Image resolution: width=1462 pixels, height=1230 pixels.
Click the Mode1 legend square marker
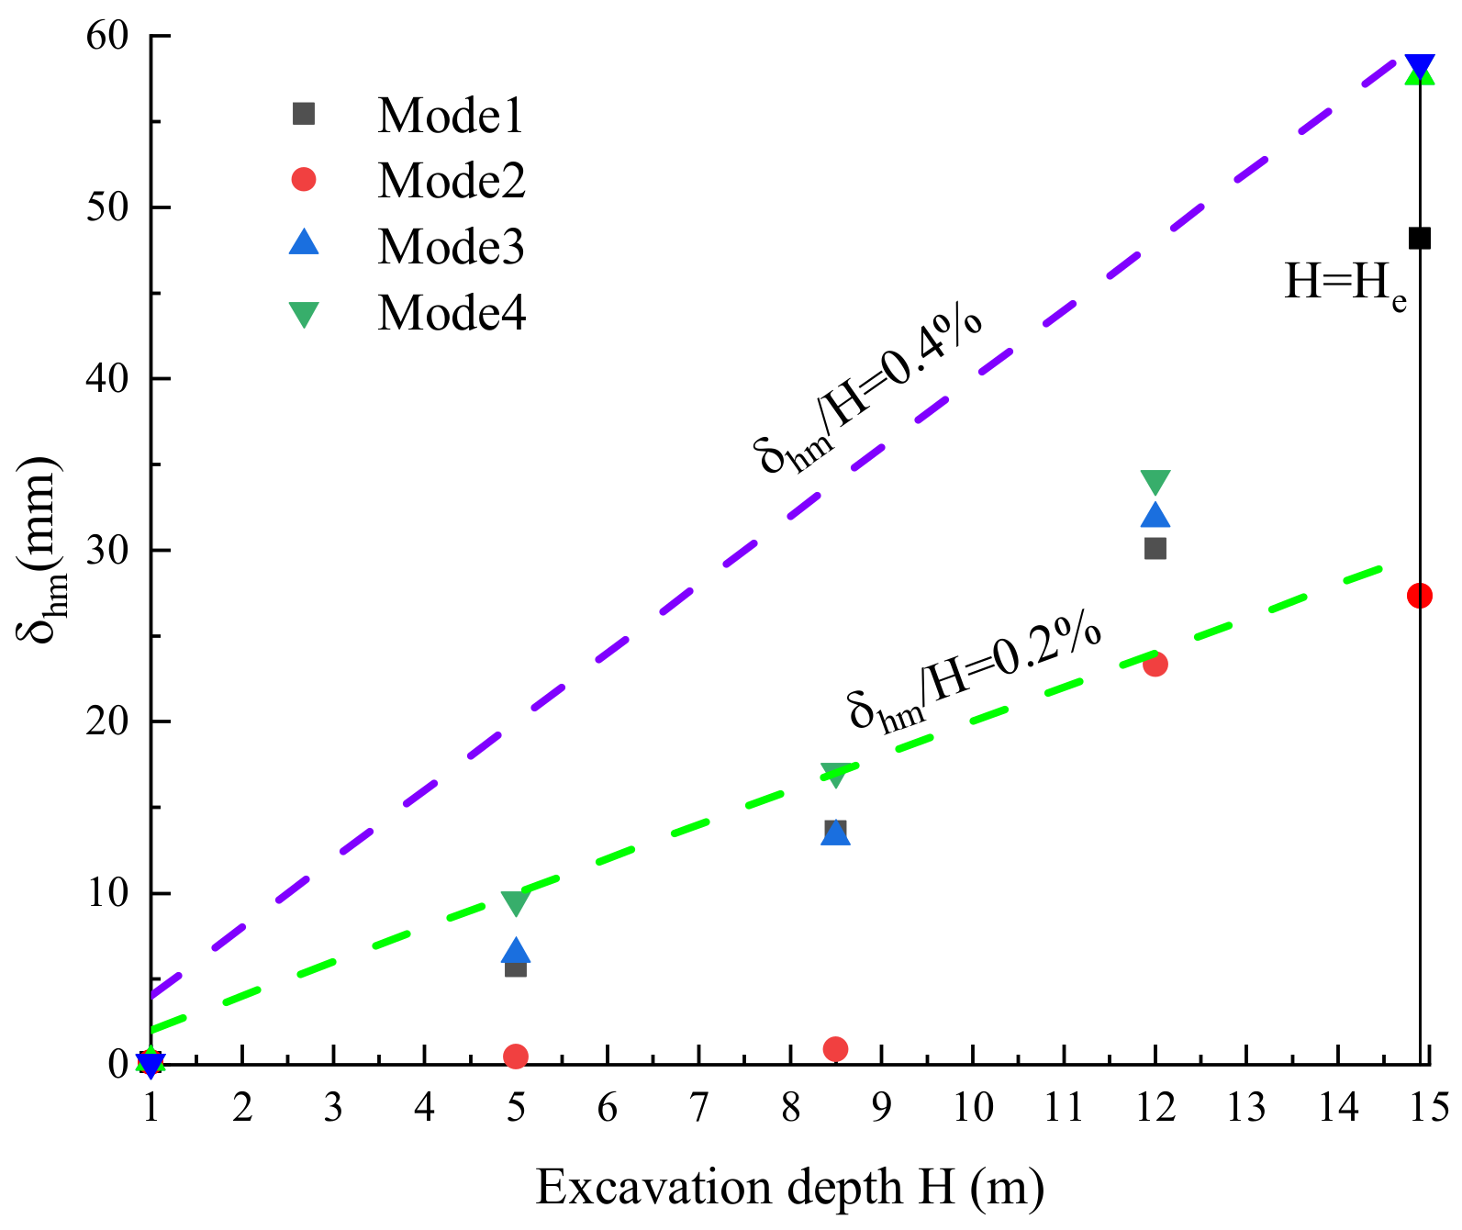click(x=303, y=114)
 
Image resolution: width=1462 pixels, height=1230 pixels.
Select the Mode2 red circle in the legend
click(x=303, y=180)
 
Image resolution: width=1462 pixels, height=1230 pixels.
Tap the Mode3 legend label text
click(x=451, y=246)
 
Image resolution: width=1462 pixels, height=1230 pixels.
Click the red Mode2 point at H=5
click(x=516, y=1057)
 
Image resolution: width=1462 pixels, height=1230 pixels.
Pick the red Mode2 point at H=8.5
click(x=835, y=1049)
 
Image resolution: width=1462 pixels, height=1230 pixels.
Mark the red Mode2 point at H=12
click(x=1155, y=664)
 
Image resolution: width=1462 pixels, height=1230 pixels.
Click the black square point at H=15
click(x=1419, y=239)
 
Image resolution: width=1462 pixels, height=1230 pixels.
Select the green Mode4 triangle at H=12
click(x=1155, y=482)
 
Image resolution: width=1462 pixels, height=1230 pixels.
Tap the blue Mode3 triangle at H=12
click(x=1155, y=516)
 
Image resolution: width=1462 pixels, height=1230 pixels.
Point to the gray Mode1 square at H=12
click(x=1155, y=549)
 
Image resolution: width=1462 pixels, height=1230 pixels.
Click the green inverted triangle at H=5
click(x=516, y=903)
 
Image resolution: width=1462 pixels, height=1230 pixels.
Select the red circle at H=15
click(x=1419, y=596)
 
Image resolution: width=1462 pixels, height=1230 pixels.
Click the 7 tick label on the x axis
click(x=698, y=1109)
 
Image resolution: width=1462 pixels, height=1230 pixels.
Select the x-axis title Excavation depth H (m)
click(x=789, y=1188)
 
